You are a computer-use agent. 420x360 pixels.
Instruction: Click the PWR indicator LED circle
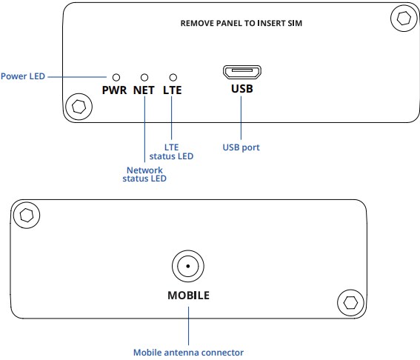[116, 78]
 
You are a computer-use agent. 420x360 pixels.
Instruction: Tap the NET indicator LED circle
[144, 78]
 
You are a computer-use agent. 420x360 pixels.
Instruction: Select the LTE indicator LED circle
[173, 78]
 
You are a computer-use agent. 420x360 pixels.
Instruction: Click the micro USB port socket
[242, 72]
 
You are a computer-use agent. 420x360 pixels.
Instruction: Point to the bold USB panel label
[242, 89]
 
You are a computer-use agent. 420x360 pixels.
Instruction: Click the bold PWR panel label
[114, 90]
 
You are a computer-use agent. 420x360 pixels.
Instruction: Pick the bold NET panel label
[144, 90]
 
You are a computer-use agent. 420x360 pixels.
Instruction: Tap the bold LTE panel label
[173, 90]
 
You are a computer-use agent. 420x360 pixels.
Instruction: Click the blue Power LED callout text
[23, 76]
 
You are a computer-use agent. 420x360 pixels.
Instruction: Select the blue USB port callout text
[241, 147]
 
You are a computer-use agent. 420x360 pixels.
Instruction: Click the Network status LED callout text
[144, 174]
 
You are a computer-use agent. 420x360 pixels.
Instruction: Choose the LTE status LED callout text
[171, 152]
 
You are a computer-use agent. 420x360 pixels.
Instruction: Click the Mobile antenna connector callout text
[189, 353]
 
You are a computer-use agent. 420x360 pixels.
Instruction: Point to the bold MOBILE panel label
[189, 296]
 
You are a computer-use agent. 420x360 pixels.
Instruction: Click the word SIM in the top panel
[295, 23]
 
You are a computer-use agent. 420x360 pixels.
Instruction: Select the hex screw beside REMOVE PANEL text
[404, 19]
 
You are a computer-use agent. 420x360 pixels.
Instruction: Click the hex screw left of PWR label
[79, 107]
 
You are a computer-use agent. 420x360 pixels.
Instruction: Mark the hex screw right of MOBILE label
[350, 303]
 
